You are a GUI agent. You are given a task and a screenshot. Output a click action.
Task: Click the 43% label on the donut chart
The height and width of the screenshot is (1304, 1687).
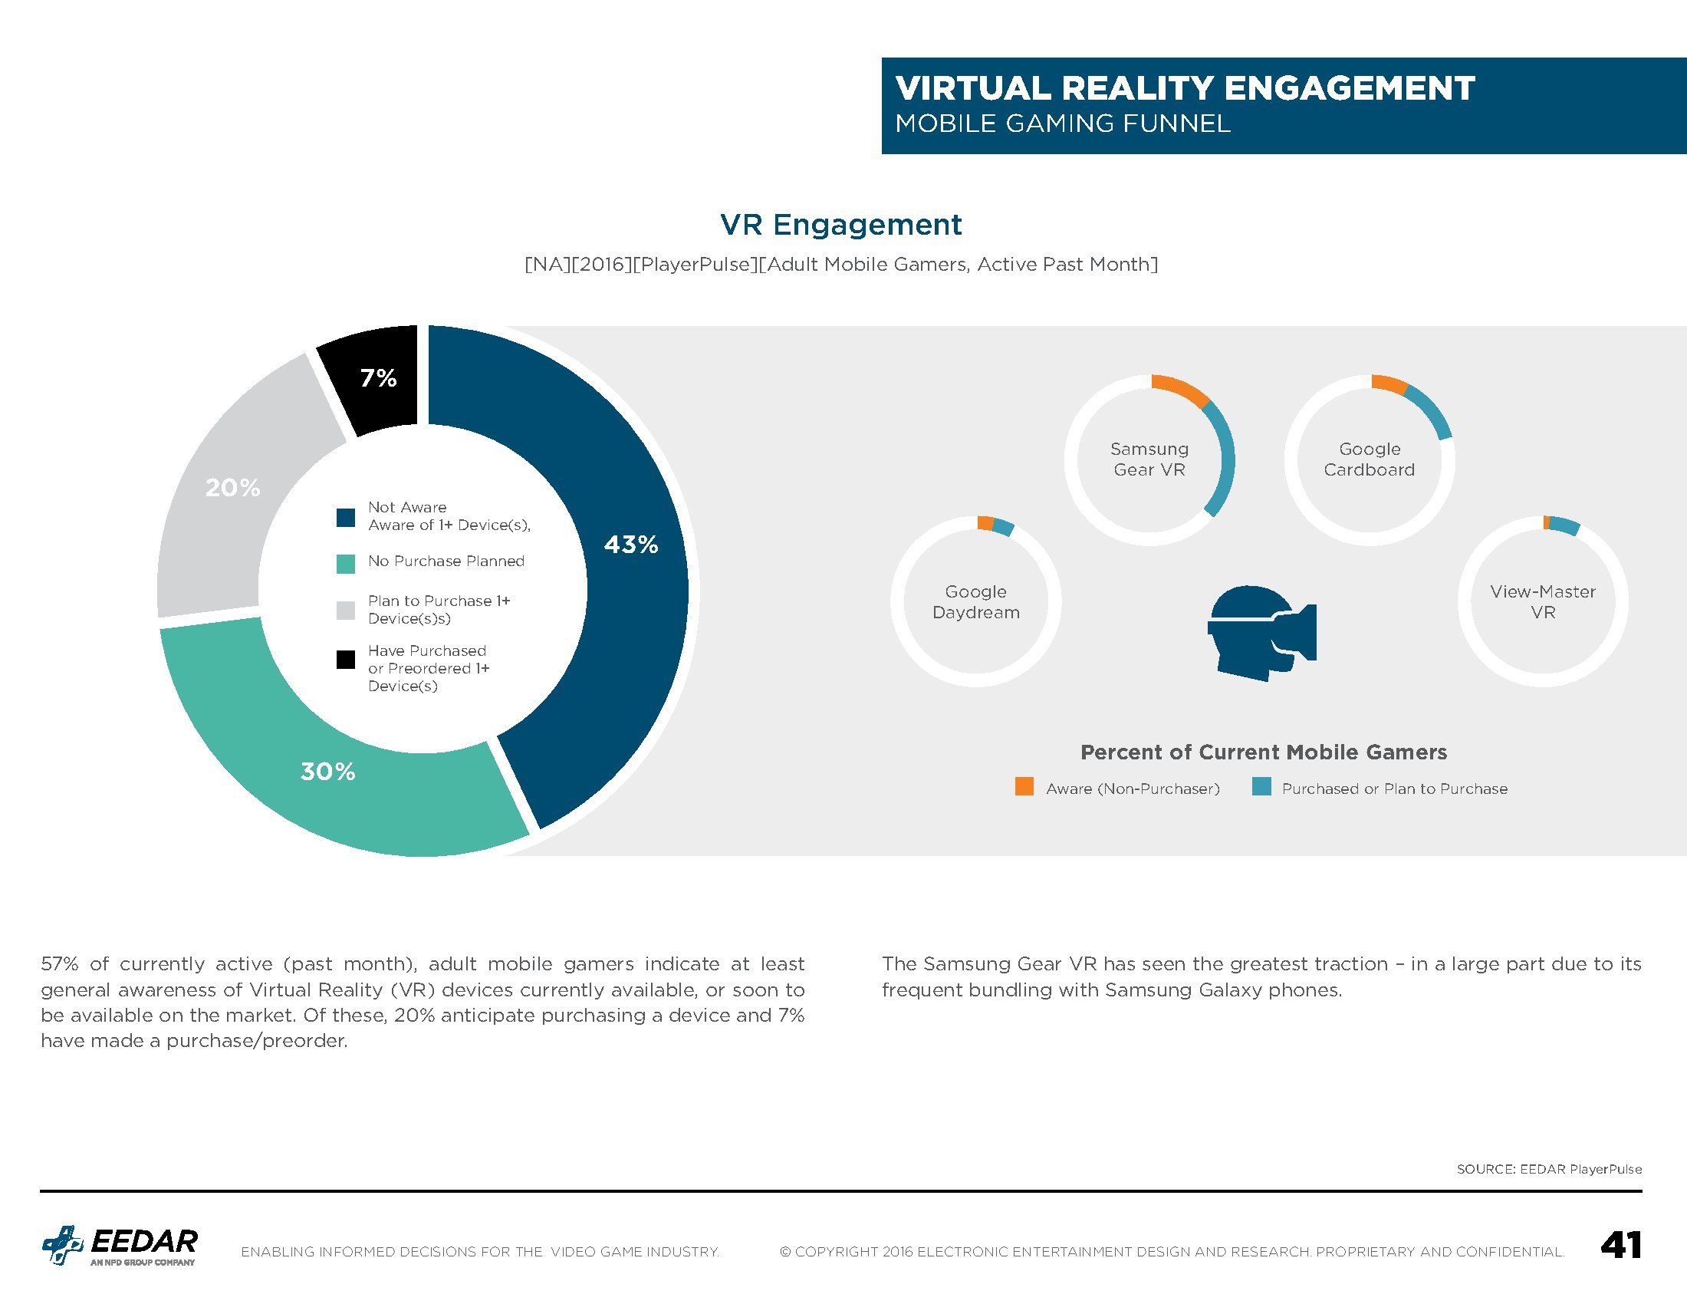[x=631, y=545]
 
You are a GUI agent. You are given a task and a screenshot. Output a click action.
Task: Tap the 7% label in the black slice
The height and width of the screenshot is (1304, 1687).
[x=379, y=377]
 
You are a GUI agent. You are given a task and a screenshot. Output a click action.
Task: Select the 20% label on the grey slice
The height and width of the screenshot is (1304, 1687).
[x=232, y=487]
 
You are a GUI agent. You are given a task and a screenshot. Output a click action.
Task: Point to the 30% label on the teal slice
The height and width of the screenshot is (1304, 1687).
[x=327, y=771]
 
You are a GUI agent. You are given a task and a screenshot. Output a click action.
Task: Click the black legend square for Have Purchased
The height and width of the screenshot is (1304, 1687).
[x=345, y=659]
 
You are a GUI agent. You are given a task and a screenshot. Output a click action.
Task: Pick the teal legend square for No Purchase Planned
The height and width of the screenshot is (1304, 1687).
[x=345, y=564]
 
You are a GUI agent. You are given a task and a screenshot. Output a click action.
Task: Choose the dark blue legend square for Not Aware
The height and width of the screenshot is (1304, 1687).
[x=345, y=517]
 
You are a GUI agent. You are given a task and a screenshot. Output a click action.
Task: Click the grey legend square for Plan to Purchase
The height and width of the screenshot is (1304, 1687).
[x=345, y=611]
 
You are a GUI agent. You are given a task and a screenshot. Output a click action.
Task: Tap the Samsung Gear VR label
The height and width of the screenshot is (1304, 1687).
[x=1149, y=459]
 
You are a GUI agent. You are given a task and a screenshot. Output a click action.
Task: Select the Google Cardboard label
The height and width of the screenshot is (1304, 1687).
[x=1370, y=459]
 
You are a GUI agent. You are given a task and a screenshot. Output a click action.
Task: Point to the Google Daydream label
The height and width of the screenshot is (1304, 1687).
[x=975, y=602]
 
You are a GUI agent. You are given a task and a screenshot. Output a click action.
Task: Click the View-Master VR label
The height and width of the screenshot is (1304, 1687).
[x=1543, y=602]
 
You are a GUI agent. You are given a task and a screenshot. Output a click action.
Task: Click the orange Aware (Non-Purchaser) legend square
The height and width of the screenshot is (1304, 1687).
[x=1024, y=786]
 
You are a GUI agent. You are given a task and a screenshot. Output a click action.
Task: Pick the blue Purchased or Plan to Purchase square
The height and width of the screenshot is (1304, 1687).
[x=1261, y=786]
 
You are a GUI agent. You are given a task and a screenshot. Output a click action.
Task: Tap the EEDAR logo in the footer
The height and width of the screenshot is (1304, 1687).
[x=120, y=1245]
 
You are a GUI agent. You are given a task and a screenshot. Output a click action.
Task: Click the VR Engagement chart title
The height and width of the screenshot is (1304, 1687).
[x=841, y=224]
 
